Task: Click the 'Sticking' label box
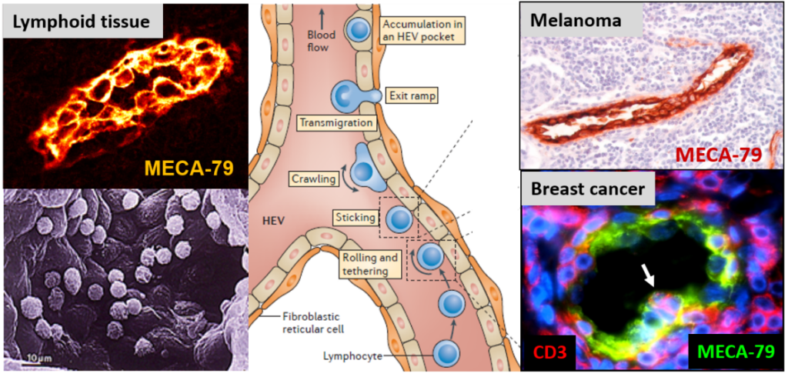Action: coord(354,219)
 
